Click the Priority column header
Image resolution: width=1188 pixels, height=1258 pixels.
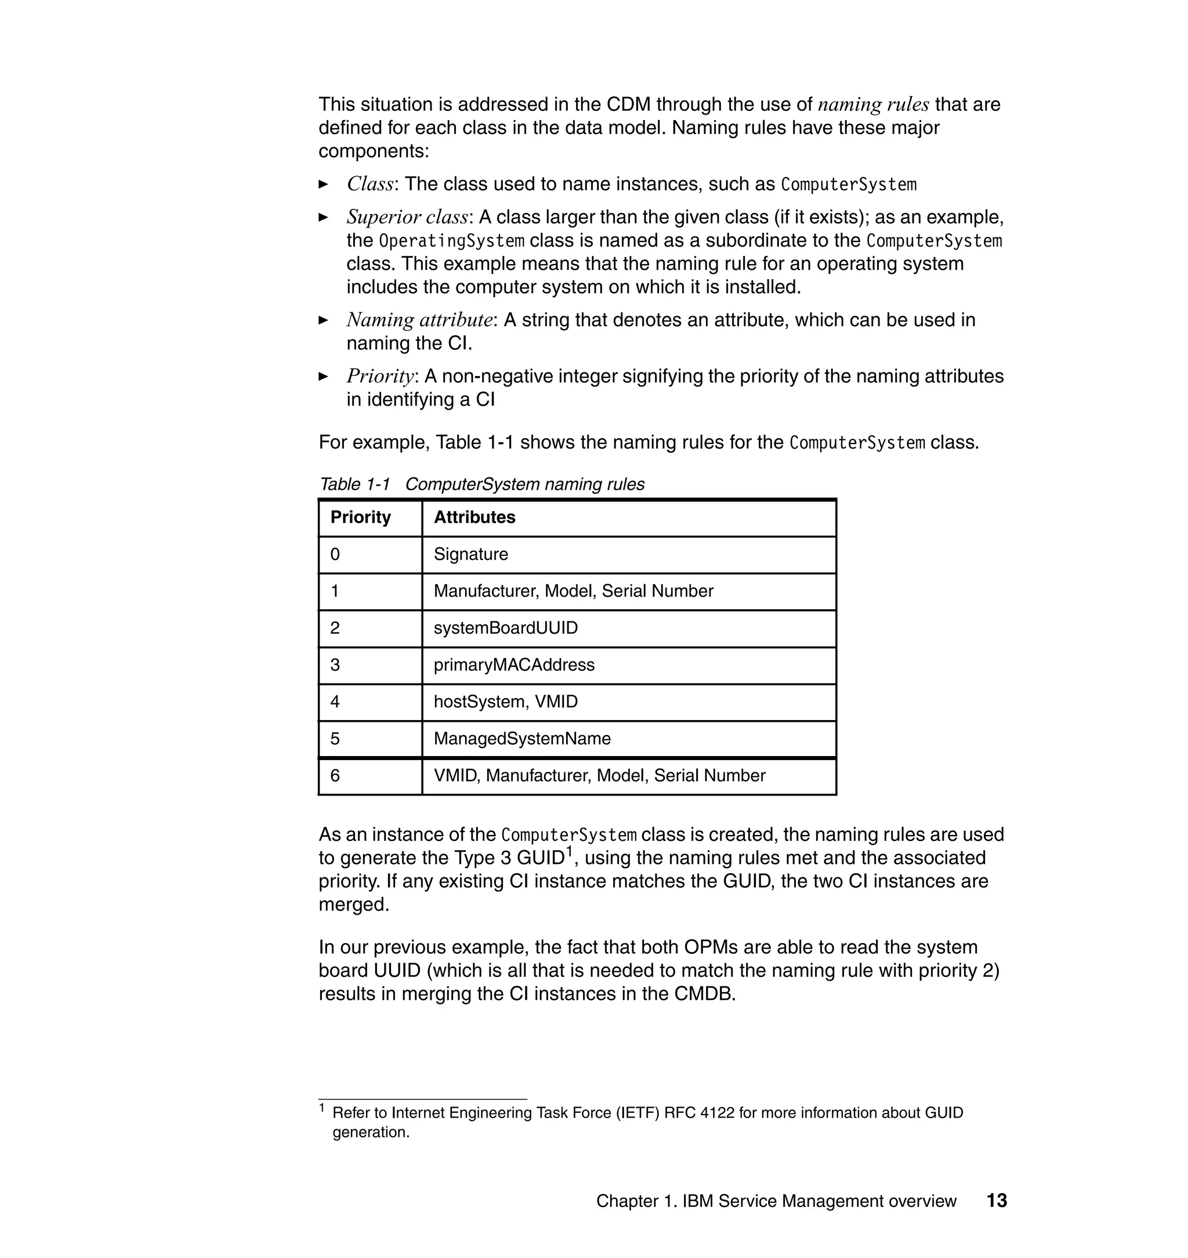pyautogui.click(x=360, y=518)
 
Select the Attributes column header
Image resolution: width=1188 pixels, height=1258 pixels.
pyautogui.click(x=475, y=518)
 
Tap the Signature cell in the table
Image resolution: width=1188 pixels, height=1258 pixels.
pyautogui.click(x=470, y=554)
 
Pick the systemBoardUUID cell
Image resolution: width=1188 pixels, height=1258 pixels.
pyautogui.click(x=505, y=628)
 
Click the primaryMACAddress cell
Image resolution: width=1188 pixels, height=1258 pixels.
pyautogui.click(x=513, y=664)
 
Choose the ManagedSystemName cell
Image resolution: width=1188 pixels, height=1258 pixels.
pyautogui.click(x=522, y=739)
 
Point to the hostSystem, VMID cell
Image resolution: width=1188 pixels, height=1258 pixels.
pyautogui.click(x=505, y=702)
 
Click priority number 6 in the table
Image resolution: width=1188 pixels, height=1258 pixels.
pyautogui.click(x=335, y=775)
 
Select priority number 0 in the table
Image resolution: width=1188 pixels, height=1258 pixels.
pyautogui.click(x=335, y=554)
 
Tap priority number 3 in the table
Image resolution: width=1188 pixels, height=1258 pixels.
pyautogui.click(x=335, y=664)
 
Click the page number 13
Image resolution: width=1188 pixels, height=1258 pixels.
pyautogui.click(x=996, y=1201)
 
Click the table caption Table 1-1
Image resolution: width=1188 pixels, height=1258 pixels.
pyautogui.click(x=354, y=485)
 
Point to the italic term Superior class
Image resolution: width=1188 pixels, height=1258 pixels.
pyautogui.click(x=407, y=217)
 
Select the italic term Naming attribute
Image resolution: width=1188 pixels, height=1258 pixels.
pyautogui.click(x=419, y=320)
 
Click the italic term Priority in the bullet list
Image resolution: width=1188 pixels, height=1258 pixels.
pyautogui.click(x=380, y=376)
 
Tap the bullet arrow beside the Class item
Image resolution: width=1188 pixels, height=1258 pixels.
pyautogui.click(x=324, y=185)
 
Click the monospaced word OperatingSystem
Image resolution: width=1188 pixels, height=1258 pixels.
pyautogui.click(x=451, y=241)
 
